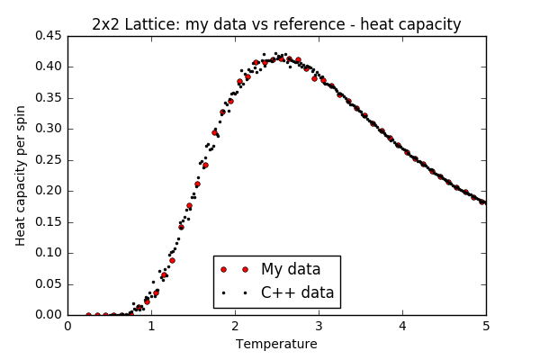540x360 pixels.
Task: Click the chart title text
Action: click(276, 24)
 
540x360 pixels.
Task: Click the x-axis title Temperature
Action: click(276, 344)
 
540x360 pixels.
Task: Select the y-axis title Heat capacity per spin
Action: click(21, 175)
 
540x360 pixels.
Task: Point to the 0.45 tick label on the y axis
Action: click(49, 36)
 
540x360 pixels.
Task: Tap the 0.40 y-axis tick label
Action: click(49, 67)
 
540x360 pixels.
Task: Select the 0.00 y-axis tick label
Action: click(49, 315)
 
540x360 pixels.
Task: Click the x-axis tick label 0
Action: click(67, 326)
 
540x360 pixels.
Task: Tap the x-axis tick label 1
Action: click(151, 326)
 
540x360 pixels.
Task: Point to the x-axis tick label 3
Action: click(319, 326)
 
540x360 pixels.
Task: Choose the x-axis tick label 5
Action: click(486, 326)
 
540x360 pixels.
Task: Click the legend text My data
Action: click(291, 269)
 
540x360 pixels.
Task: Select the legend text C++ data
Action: click(297, 292)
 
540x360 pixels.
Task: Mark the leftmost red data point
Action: click(88, 315)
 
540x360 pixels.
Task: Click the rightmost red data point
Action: click(482, 202)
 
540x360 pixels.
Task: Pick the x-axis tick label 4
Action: click(402, 326)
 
